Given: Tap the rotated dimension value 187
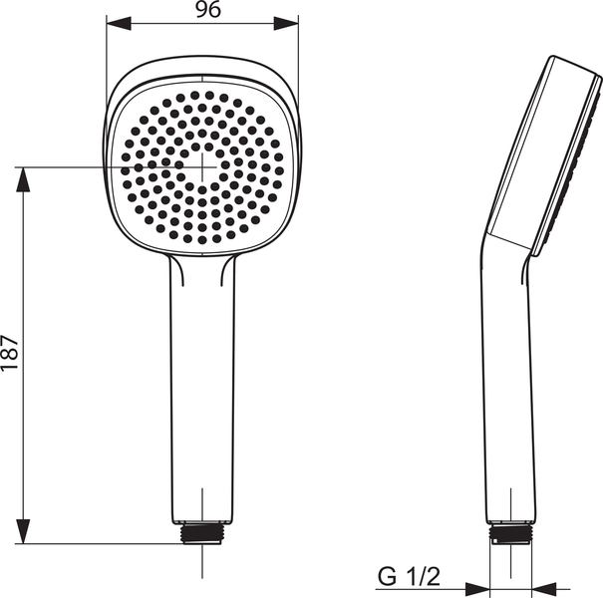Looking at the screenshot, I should [10, 354].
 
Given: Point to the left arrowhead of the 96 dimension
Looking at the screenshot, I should [112, 23].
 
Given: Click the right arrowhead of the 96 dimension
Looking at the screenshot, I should [292, 23].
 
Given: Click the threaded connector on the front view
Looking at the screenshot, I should [202, 534].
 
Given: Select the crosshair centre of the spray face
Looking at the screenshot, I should [202, 166].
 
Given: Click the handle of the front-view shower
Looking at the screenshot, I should [202, 389].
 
